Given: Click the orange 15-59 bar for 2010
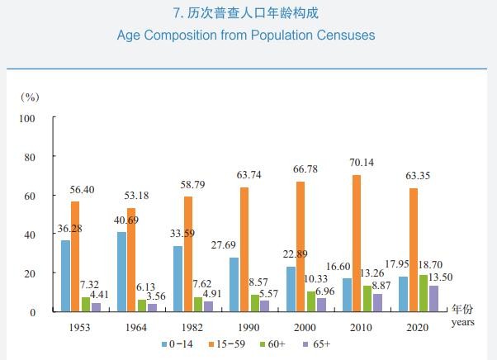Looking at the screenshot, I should point(355,244).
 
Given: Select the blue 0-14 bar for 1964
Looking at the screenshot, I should point(121,272).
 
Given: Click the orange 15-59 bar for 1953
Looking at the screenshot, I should point(75,257).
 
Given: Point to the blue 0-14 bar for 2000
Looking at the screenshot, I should point(291,289).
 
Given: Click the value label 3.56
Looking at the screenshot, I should point(157,296).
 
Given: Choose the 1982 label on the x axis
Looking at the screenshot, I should point(189,327).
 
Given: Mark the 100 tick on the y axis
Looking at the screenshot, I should point(27,118).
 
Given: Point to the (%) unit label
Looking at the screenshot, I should point(30,97).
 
